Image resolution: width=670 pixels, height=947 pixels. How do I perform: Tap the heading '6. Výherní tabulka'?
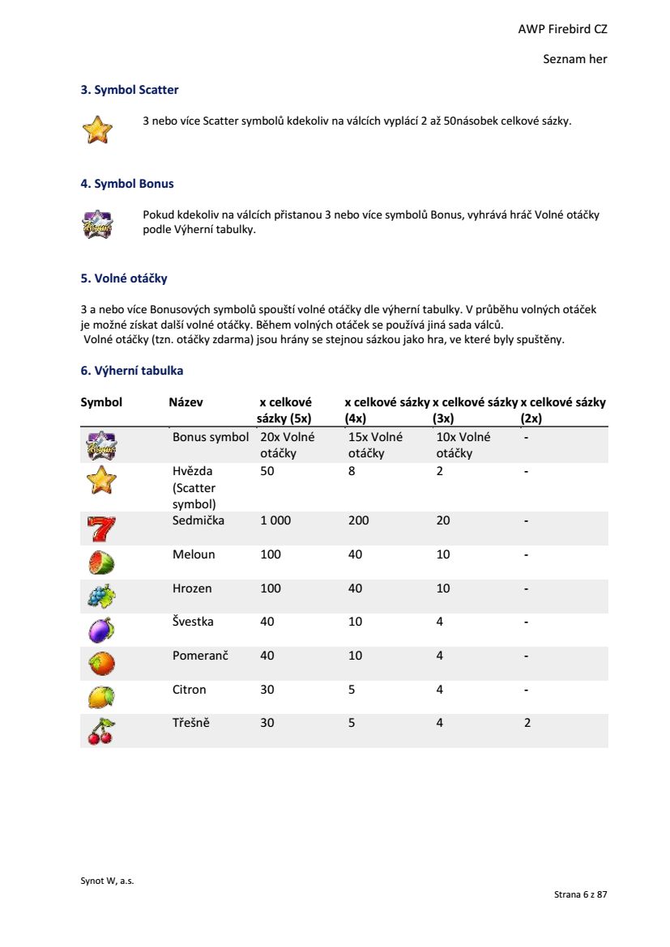(x=132, y=371)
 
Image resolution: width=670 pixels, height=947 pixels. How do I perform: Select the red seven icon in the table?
(x=101, y=529)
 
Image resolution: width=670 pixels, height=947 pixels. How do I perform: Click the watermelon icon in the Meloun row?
(x=101, y=562)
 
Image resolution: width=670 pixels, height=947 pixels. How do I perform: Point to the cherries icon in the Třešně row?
(x=101, y=731)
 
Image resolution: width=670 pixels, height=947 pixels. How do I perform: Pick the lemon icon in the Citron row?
(x=101, y=697)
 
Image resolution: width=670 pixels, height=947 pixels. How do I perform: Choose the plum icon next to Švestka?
(x=101, y=630)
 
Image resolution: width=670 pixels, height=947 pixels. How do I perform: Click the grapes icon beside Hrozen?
(x=101, y=596)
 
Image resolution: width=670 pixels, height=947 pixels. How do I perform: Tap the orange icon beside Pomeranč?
(x=101, y=664)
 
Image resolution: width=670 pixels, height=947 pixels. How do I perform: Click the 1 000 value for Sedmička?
(x=275, y=520)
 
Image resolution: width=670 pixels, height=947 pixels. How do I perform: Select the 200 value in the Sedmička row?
(x=358, y=520)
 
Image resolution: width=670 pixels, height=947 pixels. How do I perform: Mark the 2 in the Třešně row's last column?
(x=527, y=723)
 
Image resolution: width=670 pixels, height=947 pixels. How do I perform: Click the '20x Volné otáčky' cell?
(x=287, y=444)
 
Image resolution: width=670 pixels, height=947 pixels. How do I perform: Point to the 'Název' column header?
(x=186, y=402)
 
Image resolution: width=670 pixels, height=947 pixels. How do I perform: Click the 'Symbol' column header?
(x=101, y=402)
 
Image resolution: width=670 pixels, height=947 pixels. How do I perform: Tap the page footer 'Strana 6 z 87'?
(x=580, y=894)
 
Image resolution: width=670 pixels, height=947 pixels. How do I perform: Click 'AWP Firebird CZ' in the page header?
(x=562, y=29)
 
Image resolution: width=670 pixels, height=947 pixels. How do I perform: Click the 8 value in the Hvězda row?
(x=352, y=470)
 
